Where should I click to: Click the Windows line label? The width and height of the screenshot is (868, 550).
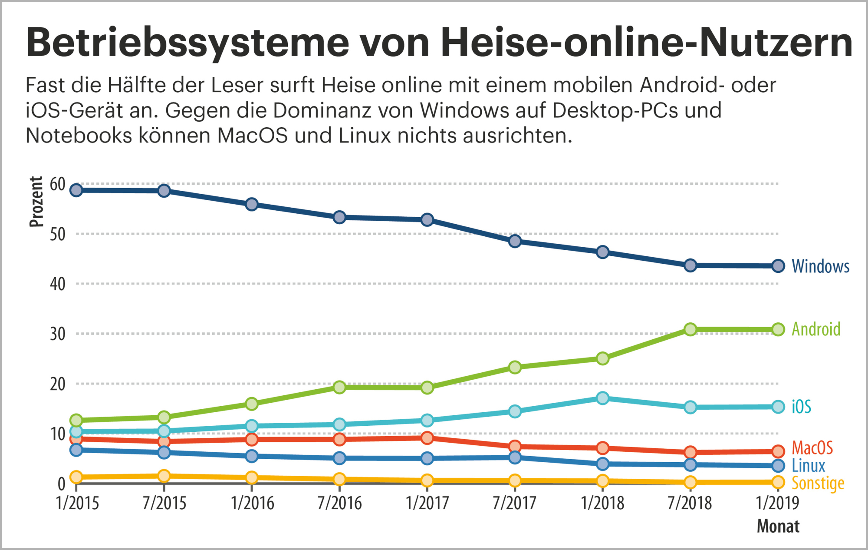click(820, 266)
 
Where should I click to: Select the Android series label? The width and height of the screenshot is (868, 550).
click(816, 329)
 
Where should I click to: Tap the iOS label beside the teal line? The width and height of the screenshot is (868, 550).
click(801, 407)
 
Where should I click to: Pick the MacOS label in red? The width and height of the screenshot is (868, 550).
click(812, 447)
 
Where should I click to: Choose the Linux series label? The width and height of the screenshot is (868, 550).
click(808, 465)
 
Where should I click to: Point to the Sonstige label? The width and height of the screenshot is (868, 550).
click(818, 483)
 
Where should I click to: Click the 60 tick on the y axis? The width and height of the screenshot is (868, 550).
click(57, 184)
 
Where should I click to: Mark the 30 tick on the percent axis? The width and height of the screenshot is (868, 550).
click(57, 334)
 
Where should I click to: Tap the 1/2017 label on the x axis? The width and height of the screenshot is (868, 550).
click(427, 503)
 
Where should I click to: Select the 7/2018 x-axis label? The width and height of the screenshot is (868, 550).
click(690, 503)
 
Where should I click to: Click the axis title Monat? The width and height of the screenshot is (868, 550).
click(778, 526)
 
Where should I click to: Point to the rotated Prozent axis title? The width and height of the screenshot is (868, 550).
click(36, 202)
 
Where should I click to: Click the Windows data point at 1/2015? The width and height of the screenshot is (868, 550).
click(76, 190)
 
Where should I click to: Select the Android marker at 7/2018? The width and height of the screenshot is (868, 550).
click(690, 329)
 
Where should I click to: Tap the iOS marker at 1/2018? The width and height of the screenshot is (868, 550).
click(602, 398)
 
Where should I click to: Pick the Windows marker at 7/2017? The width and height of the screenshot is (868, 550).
click(515, 241)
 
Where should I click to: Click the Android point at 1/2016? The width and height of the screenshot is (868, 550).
click(252, 404)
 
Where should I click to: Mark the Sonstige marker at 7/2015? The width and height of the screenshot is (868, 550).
click(164, 476)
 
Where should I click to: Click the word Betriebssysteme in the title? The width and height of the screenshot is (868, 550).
click(187, 43)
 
